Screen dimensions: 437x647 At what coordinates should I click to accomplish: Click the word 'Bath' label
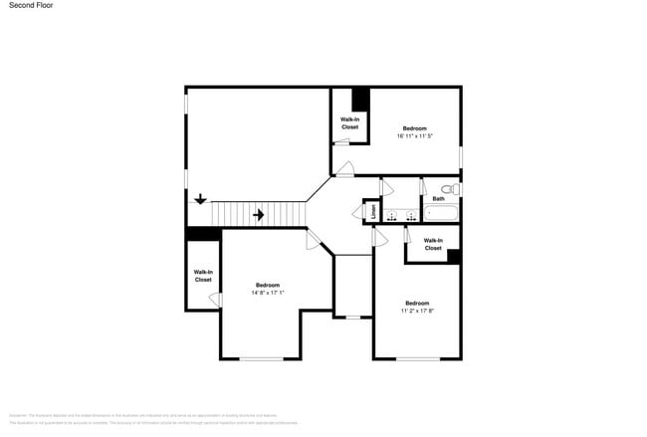[x=438, y=199]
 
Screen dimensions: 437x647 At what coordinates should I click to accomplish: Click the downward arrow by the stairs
[x=201, y=198]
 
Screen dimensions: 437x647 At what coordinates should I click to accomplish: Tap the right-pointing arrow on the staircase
[x=258, y=214]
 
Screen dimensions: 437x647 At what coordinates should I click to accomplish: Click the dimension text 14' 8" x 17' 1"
[x=268, y=293]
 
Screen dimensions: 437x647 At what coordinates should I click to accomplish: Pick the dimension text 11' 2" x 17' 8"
[x=417, y=310]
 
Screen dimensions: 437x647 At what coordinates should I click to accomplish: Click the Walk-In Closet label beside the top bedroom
[x=349, y=123]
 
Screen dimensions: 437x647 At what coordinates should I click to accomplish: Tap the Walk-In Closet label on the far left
[x=203, y=276]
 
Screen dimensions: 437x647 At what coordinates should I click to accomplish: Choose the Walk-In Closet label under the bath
[x=433, y=244]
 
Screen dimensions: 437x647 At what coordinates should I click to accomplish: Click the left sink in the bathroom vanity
[x=391, y=215]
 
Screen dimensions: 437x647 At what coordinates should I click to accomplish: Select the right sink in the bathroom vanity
[x=410, y=215]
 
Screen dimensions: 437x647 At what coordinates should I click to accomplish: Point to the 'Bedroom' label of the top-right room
[x=414, y=127]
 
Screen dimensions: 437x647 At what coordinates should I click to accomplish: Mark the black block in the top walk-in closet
[x=360, y=100]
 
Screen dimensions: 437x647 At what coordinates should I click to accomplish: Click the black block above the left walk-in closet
[x=203, y=234]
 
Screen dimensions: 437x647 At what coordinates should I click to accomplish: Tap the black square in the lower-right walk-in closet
[x=453, y=256]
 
